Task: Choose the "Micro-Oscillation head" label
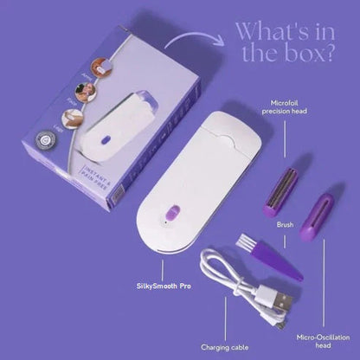tap(318, 335)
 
